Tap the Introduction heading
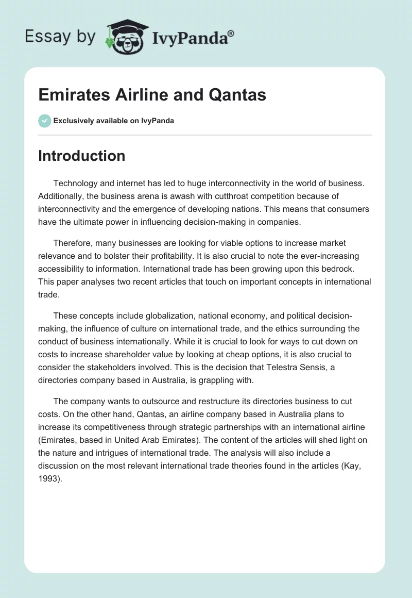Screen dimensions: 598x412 coord(81,156)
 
